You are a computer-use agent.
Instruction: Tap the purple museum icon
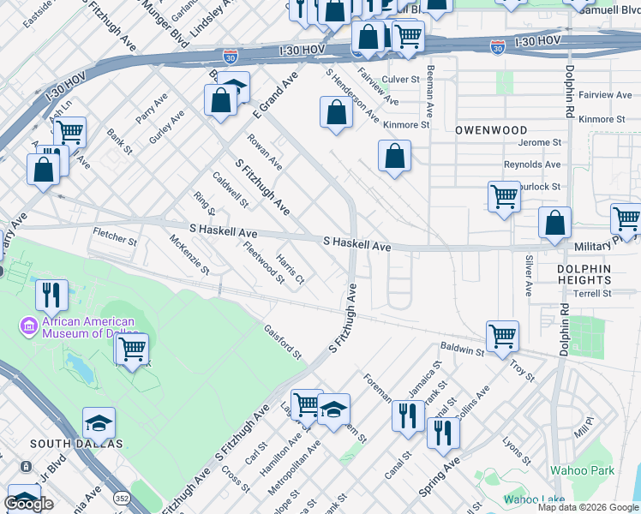28,325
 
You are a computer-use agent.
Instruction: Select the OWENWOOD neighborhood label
491,130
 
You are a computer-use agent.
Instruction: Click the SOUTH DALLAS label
76,444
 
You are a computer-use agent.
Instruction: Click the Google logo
29,503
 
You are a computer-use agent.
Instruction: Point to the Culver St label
400,79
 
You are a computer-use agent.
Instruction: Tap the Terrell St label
593,293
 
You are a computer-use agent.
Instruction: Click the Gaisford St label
283,341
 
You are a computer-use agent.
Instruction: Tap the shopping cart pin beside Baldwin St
502,335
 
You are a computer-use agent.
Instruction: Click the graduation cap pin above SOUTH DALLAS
99,423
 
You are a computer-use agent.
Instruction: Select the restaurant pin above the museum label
51,295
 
